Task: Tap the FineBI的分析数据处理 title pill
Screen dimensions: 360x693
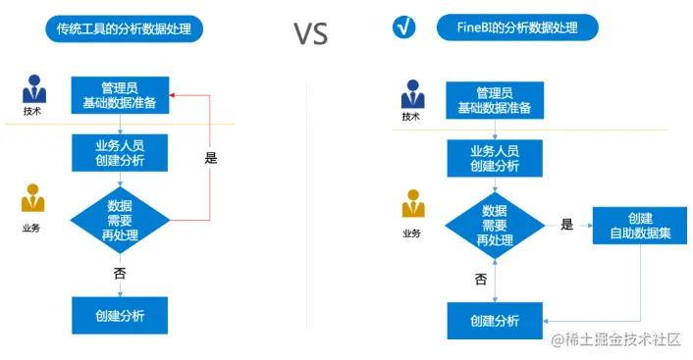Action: tap(517, 26)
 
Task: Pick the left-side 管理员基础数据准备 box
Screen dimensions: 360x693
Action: tap(120, 95)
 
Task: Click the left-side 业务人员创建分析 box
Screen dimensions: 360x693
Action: tap(120, 152)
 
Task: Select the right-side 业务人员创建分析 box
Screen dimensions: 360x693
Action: tap(495, 158)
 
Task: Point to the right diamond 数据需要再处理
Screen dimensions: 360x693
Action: tap(495, 225)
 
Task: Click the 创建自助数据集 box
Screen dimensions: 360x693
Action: tap(639, 225)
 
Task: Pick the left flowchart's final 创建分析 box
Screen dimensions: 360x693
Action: tap(120, 315)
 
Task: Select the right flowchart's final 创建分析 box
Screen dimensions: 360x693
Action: tap(495, 321)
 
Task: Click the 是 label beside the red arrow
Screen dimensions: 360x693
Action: tap(210, 157)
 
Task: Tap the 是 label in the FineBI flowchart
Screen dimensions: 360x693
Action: tap(566, 225)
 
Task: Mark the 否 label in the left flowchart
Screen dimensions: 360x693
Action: tap(120, 273)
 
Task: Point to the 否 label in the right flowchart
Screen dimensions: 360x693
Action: tap(481, 279)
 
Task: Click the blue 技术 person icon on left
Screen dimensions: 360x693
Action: tap(33, 90)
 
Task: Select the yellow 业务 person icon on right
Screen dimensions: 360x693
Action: tap(413, 206)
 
